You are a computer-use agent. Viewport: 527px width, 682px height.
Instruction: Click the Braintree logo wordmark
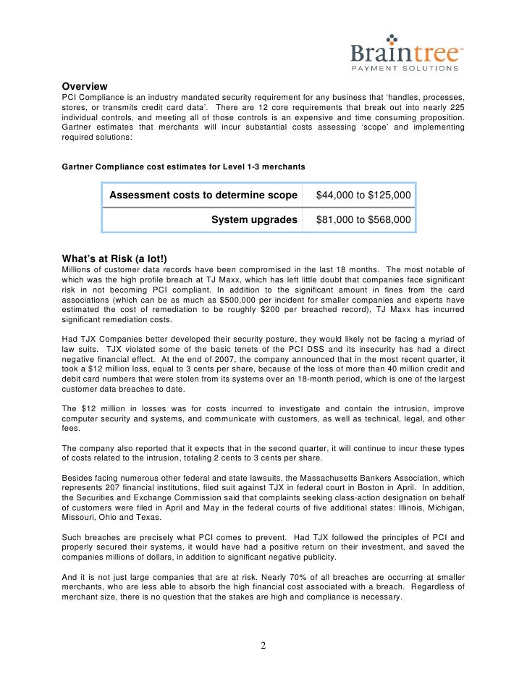tap(405, 55)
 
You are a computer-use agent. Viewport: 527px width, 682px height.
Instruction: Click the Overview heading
tap(84, 86)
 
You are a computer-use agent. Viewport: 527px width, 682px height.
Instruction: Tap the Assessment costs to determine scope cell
tap(203, 195)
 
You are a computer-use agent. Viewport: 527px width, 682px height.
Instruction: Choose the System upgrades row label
tap(254, 219)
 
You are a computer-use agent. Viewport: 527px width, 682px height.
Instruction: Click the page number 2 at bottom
tap(263, 646)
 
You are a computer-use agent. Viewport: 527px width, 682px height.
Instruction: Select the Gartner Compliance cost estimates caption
tap(184, 167)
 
